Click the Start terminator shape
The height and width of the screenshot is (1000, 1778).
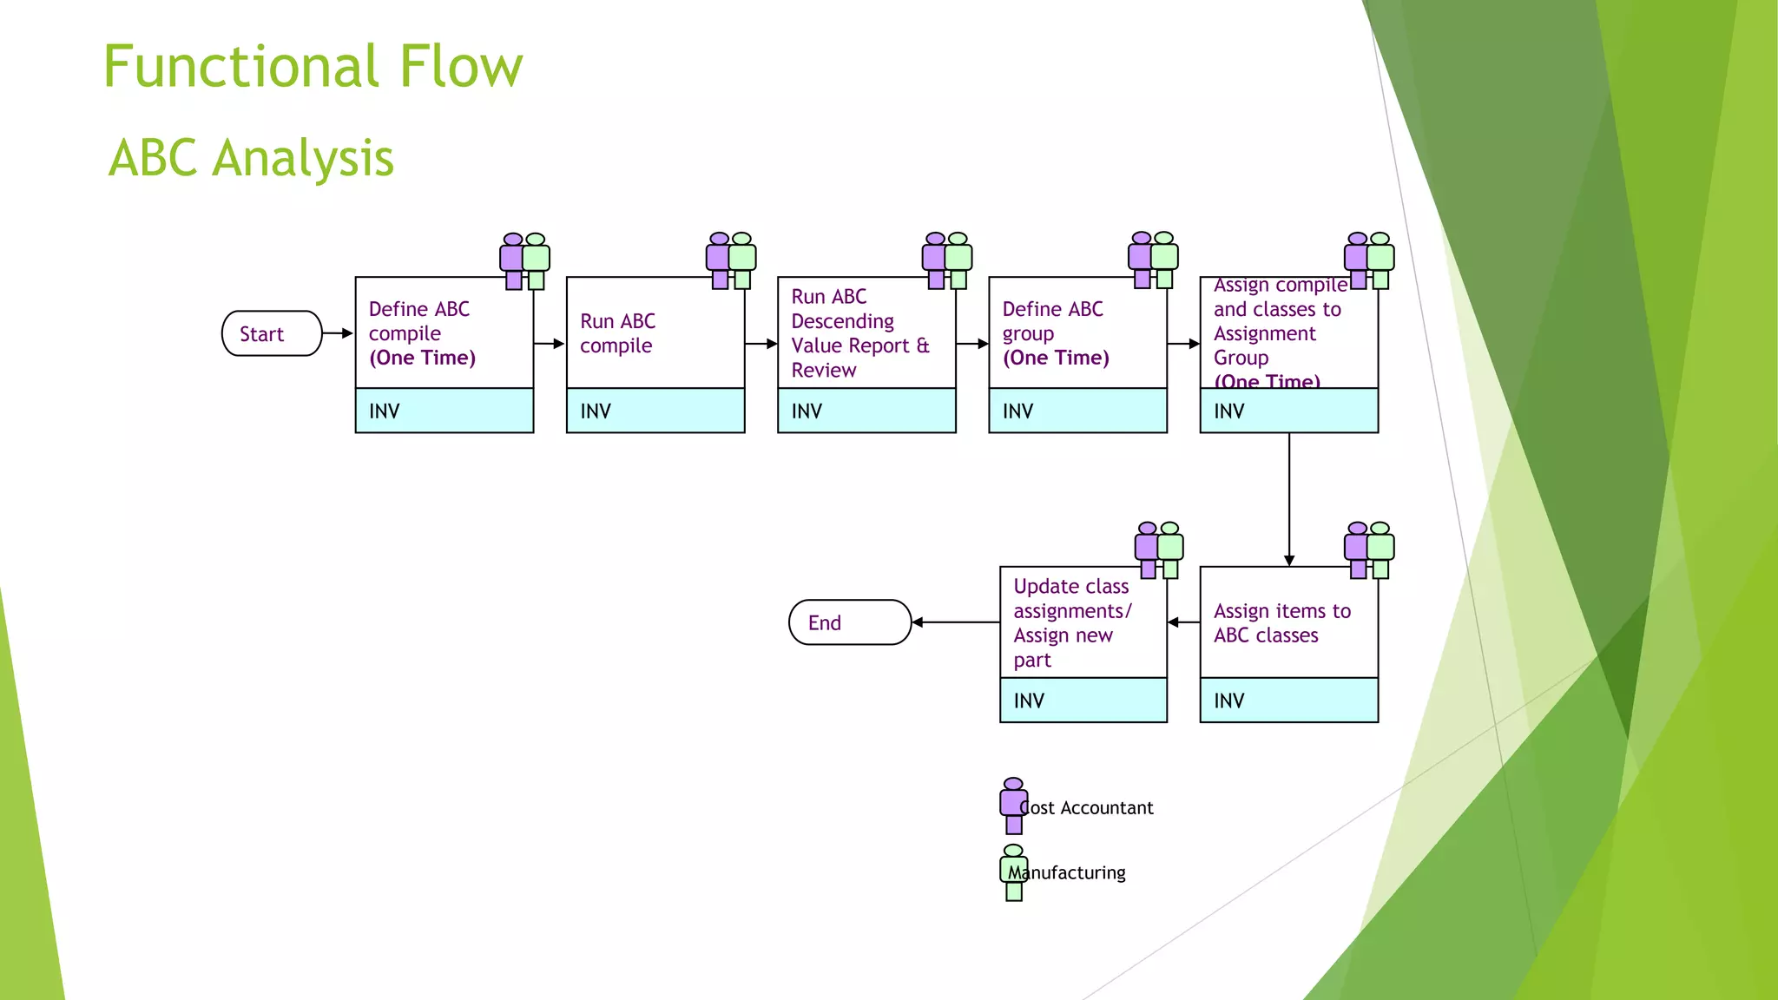click(272, 333)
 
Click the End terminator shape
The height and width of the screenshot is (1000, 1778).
click(849, 622)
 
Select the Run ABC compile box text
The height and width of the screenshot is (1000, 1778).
click(617, 333)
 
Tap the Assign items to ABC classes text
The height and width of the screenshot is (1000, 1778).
click(1281, 623)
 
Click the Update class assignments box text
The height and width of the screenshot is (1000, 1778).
click(1071, 622)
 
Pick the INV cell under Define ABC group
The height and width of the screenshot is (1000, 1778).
click(1077, 411)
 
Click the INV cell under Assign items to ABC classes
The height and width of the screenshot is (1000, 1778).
click(1288, 701)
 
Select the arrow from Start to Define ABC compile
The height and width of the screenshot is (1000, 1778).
click(338, 333)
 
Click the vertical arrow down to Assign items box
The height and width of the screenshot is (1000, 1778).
click(1289, 499)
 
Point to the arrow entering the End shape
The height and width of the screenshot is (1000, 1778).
click(955, 622)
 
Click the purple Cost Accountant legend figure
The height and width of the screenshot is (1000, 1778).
click(1013, 806)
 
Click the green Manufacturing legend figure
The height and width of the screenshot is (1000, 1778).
click(1013, 872)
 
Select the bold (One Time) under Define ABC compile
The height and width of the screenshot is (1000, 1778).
click(422, 358)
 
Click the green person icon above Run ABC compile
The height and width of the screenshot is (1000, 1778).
click(742, 260)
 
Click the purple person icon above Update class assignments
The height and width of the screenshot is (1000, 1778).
click(1148, 549)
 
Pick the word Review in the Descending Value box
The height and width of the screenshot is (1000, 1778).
click(823, 371)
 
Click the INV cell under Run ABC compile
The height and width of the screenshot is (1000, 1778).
click(655, 411)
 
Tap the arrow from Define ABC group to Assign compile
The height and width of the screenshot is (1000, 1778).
click(1183, 344)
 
